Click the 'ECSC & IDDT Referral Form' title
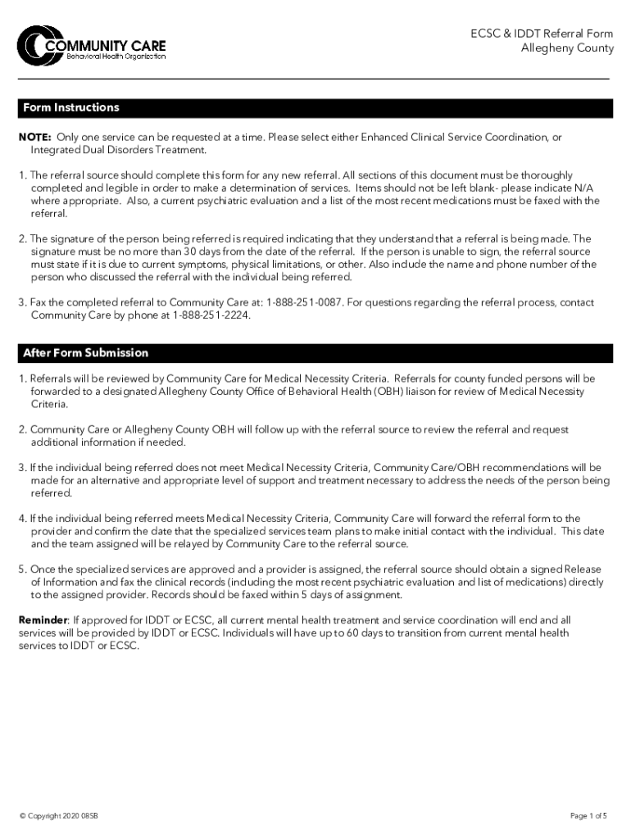(541, 34)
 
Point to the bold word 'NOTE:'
(35, 138)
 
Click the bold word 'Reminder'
(43, 620)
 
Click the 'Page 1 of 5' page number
(588, 816)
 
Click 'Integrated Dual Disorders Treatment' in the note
(119, 150)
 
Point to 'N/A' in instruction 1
(589, 188)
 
